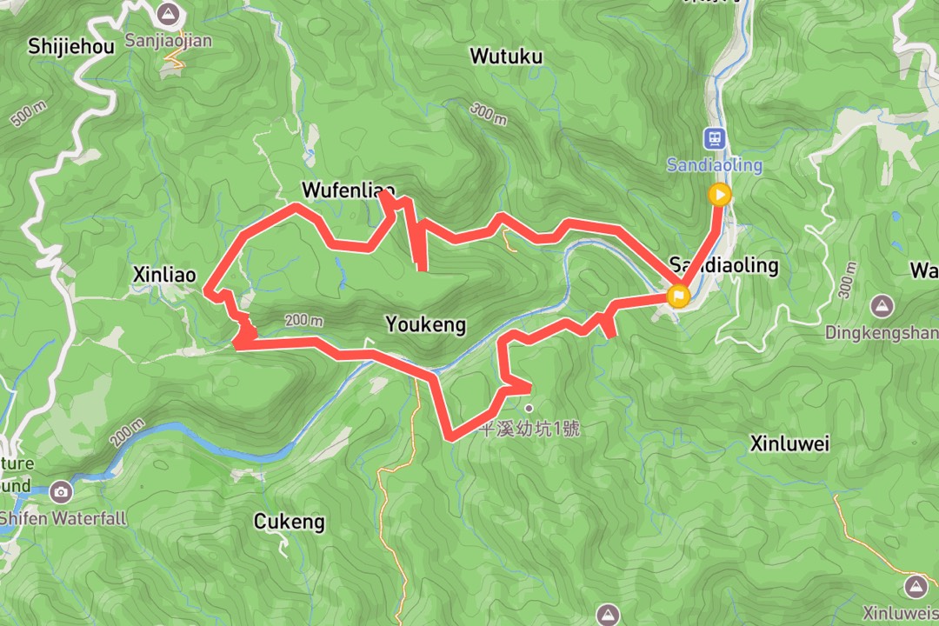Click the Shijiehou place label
pos(71,46)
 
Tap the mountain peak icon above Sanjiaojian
pos(169,14)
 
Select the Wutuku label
pos(506,57)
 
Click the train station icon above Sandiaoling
pos(715,138)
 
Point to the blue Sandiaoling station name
pos(715,164)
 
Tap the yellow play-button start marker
pos(719,195)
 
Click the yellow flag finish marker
pos(678,296)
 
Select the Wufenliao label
pos(348,190)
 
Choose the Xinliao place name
pos(164,275)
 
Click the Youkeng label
pos(425,325)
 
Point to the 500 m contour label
pos(28,114)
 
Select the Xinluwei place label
pos(789,444)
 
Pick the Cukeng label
pos(290,522)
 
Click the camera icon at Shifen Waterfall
pos(61,492)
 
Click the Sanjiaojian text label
pos(169,40)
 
